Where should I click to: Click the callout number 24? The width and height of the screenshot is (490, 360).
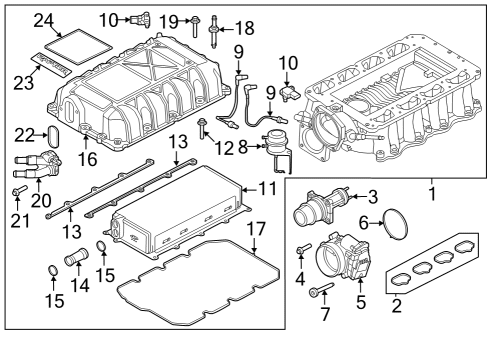(x=41, y=18)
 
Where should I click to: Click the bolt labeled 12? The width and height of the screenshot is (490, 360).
(x=204, y=128)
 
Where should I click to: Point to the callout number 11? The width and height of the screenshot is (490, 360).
(x=265, y=187)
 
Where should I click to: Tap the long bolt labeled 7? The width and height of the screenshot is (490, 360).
(x=318, y=292)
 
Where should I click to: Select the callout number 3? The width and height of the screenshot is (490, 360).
(x=372, y=195)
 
